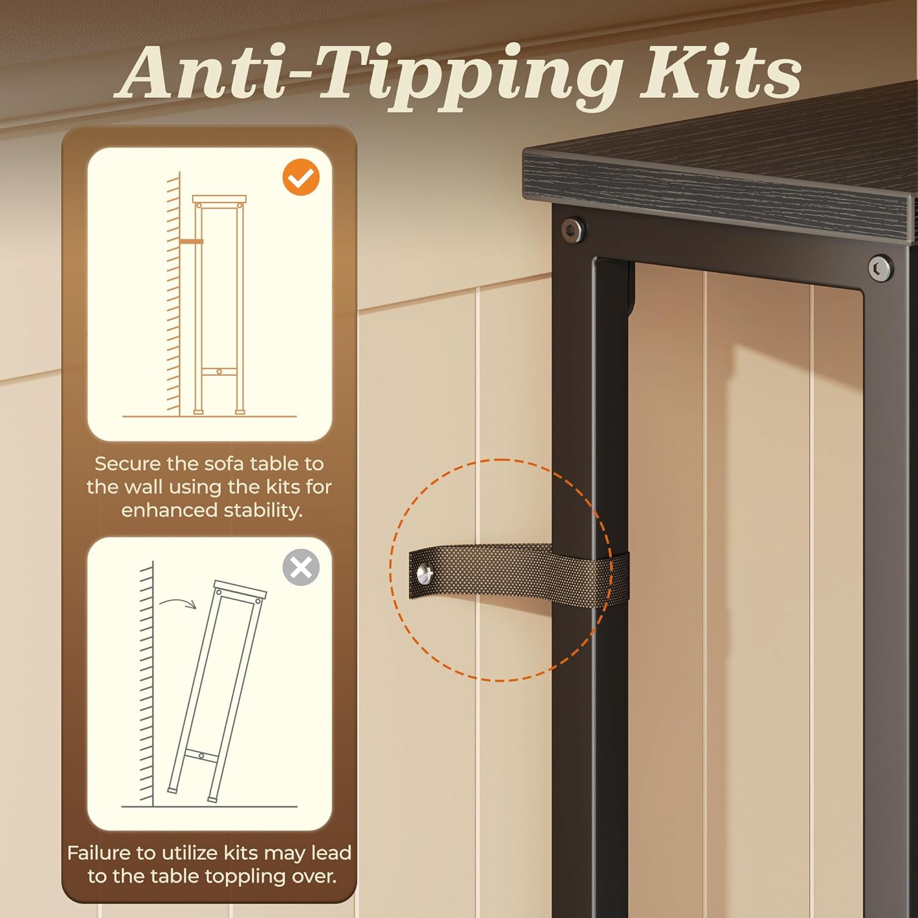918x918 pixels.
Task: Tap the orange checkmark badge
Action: click(301, 177)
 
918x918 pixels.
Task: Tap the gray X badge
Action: click(301, 567)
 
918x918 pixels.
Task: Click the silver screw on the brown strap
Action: click(425, 574)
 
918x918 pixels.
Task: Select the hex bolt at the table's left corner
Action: click(573, 230)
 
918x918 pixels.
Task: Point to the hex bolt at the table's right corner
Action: click(880, 267)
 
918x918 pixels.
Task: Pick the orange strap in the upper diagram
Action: click(191, 241)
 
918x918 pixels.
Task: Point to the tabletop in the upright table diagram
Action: click(219, 200)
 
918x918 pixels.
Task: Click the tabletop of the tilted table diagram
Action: click(241, 589)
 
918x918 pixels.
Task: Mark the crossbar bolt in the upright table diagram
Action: click(219, 371)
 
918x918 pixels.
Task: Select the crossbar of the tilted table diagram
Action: click(201, 755)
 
